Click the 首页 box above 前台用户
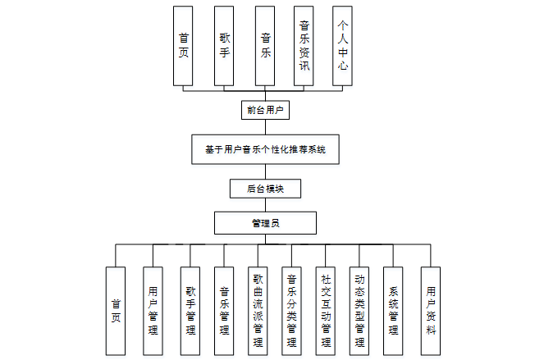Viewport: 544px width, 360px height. [x=183, y=45]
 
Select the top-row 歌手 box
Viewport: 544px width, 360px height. [x=224, y=45]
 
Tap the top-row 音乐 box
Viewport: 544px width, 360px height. [x=264, y=45]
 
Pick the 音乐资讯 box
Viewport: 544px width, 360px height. [x=304, y=45]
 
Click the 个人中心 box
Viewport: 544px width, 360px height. [x=343, y=45]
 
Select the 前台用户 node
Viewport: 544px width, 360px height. [x=264, y=108]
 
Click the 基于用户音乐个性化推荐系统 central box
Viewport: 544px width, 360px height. [x=264, y=150]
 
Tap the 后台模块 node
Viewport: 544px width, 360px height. [x=264, y=189]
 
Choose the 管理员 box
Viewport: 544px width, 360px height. [x=264, y=222]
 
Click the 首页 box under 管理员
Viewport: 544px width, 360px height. [x=116, y=311]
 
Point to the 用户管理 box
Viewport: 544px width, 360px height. [x=153, y=311]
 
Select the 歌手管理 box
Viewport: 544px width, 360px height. [x=190, y=311]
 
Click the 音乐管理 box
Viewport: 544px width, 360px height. [x=224, y=311]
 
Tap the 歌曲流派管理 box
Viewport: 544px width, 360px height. [x=258, y=311]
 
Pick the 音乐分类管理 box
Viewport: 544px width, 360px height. [x=291, y=311]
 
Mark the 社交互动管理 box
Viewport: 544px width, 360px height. [x=326, y=311]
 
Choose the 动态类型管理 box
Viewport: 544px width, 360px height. [x=359, y=311]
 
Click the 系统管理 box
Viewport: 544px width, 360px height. [x=394, y=311]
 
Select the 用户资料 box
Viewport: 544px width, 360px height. [x=431, y=311]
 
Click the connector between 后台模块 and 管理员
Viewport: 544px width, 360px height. [x=264, y=205]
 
